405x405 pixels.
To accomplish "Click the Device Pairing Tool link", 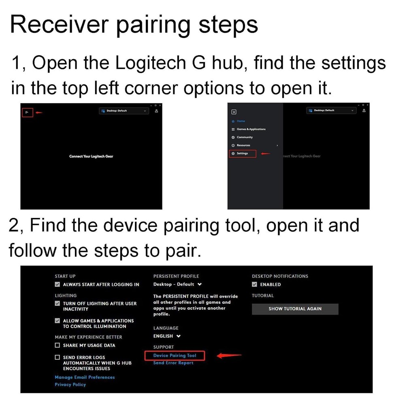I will [175, 356].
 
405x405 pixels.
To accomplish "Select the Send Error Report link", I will [173, 363].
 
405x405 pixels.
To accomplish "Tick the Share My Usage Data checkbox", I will [58, 345].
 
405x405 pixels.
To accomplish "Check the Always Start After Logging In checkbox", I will [58, 285].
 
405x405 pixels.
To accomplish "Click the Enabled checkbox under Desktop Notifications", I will [255, 285].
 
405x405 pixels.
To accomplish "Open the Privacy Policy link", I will [70, 384].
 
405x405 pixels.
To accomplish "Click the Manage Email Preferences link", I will [85, 377].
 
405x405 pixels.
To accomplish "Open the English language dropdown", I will [167, 336].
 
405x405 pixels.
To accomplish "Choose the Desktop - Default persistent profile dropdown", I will [177, 284].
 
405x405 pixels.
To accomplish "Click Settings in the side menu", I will [242, 153].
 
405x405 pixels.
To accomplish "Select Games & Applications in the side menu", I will [251, 129].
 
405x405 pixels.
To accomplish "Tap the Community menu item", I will [244, 137].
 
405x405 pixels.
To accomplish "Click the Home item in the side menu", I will [241, 121].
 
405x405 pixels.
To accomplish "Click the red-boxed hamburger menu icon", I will [27, 113].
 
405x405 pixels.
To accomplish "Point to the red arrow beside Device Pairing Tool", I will [229, 356].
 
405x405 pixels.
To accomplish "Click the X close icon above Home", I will [234, 112].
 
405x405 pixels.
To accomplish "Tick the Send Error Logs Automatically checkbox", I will [58, 358].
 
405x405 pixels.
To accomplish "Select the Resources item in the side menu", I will [243, 145].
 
